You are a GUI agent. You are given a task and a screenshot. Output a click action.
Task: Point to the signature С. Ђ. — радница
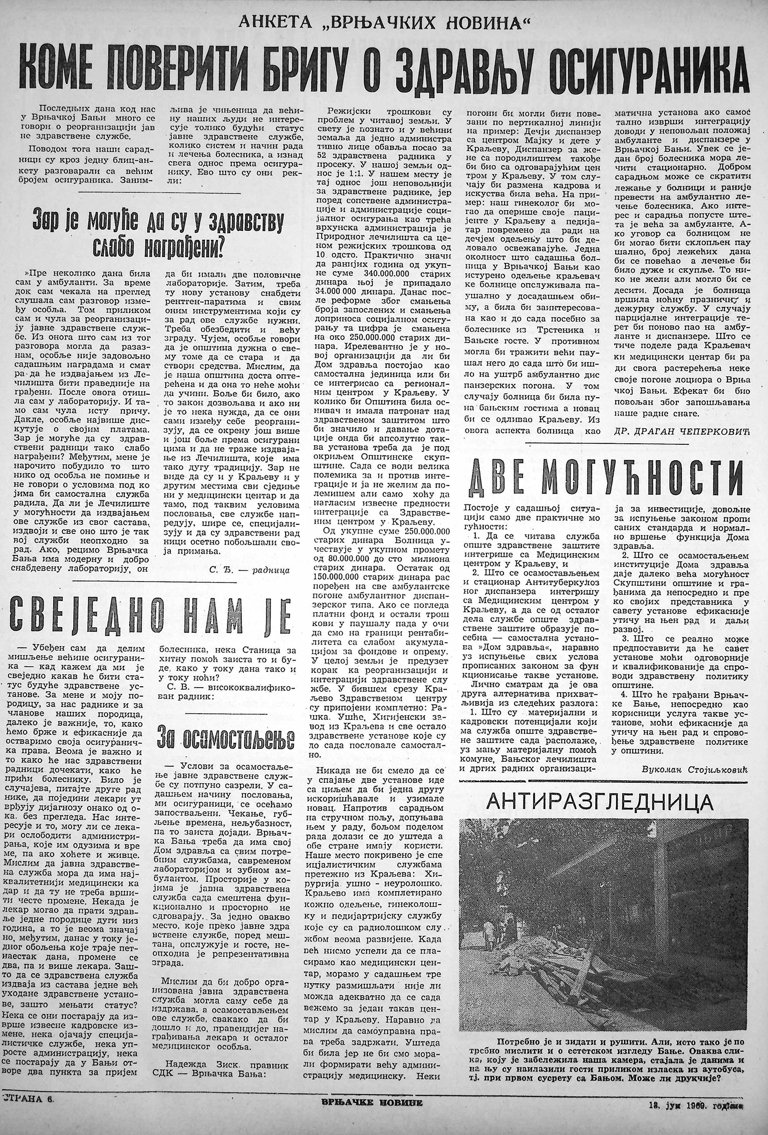(x=248, y=570)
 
